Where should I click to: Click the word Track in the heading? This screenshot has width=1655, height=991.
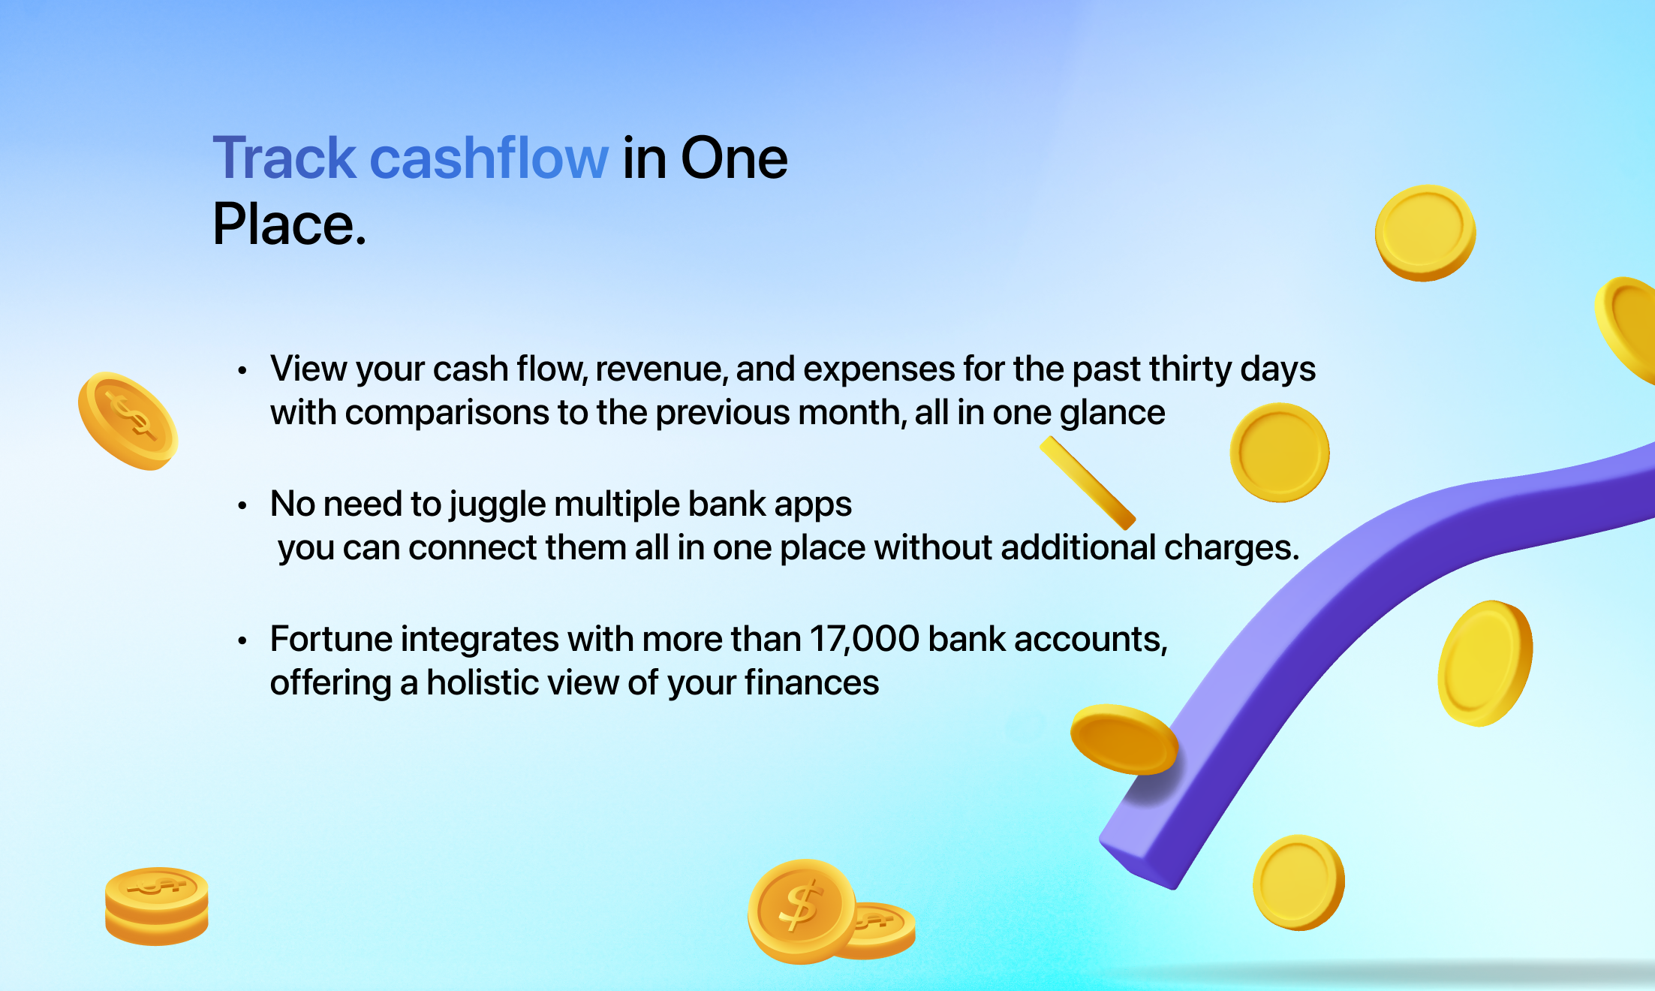[284, 158]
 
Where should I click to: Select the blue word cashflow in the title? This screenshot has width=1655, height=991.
[489, 158]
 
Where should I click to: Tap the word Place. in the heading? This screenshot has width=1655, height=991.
[290, 224]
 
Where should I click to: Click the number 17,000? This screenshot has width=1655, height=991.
[864, 640]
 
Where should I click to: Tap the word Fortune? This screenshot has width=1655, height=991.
[331, 639]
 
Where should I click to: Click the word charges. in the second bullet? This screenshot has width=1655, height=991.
[1231, 548]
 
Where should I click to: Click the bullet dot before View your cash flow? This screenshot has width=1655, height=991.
[242, 370]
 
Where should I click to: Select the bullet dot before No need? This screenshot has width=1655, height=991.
[242, 506]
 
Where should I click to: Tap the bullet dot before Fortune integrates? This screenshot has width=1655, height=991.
[242, 640]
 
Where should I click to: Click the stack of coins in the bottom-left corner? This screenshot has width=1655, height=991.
[157, 906]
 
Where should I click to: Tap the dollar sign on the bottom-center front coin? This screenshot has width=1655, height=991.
[800, 906]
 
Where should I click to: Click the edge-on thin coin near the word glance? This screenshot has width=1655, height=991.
[1088, 483]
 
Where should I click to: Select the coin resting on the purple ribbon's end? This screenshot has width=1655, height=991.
[1124, 739]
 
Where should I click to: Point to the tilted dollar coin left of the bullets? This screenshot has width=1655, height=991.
[128, 421]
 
